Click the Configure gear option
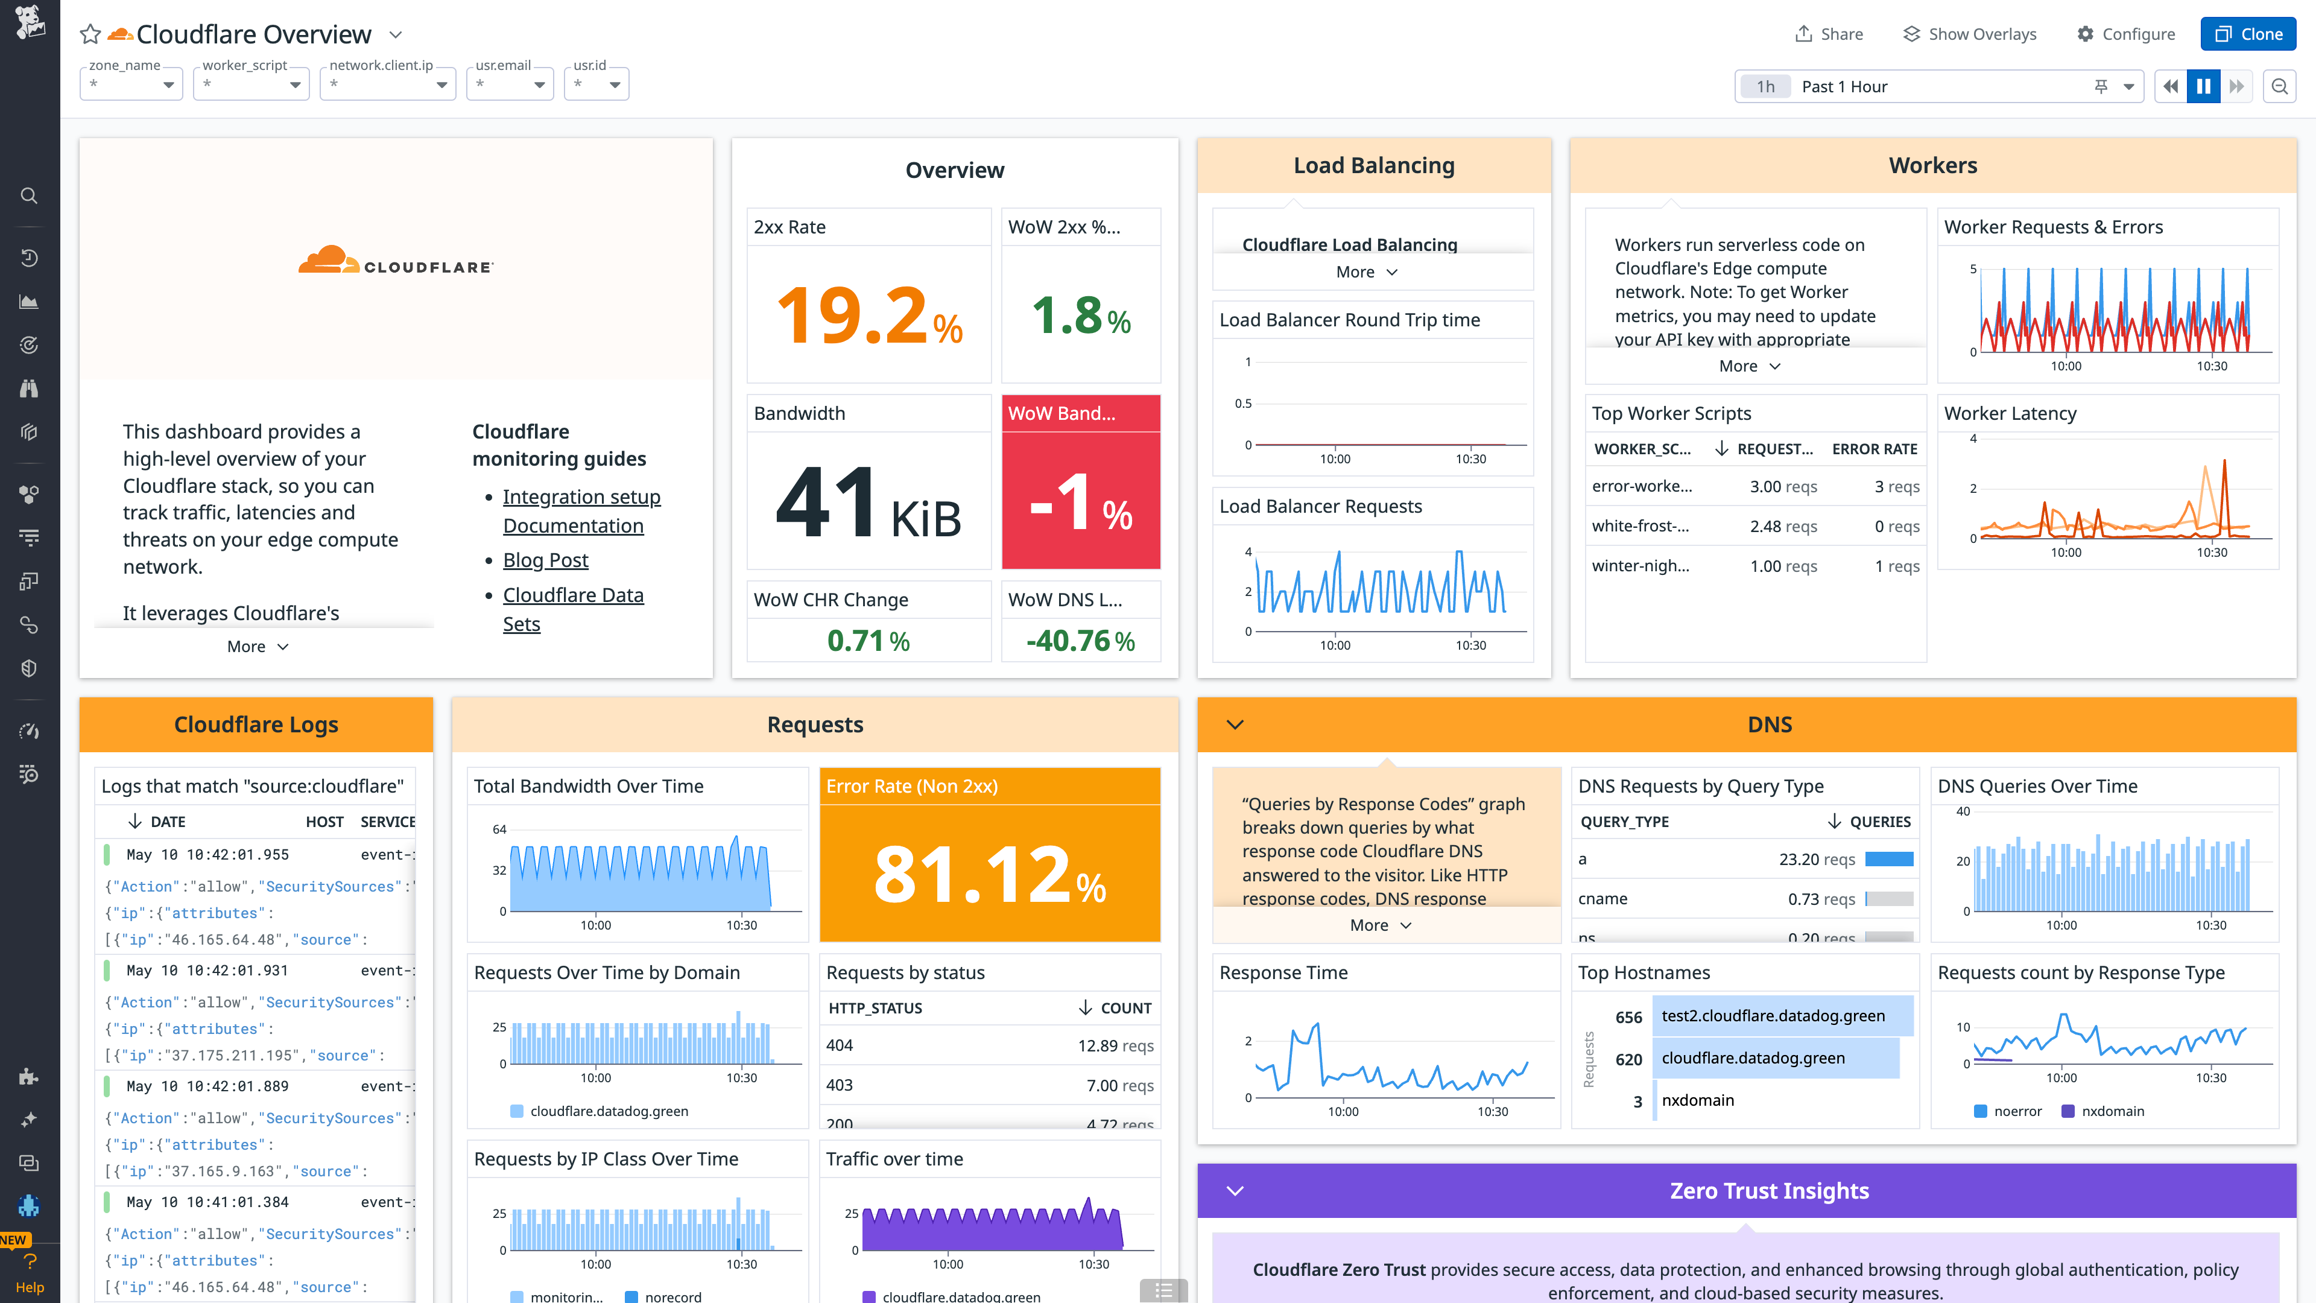2125,34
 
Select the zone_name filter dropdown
131,84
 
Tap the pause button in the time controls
2203,86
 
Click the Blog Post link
545,560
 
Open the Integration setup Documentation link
581,511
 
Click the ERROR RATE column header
1874,449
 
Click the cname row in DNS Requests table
1744,898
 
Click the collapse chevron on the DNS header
1235,724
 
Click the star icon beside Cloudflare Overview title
90,34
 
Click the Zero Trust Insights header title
1768,1191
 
